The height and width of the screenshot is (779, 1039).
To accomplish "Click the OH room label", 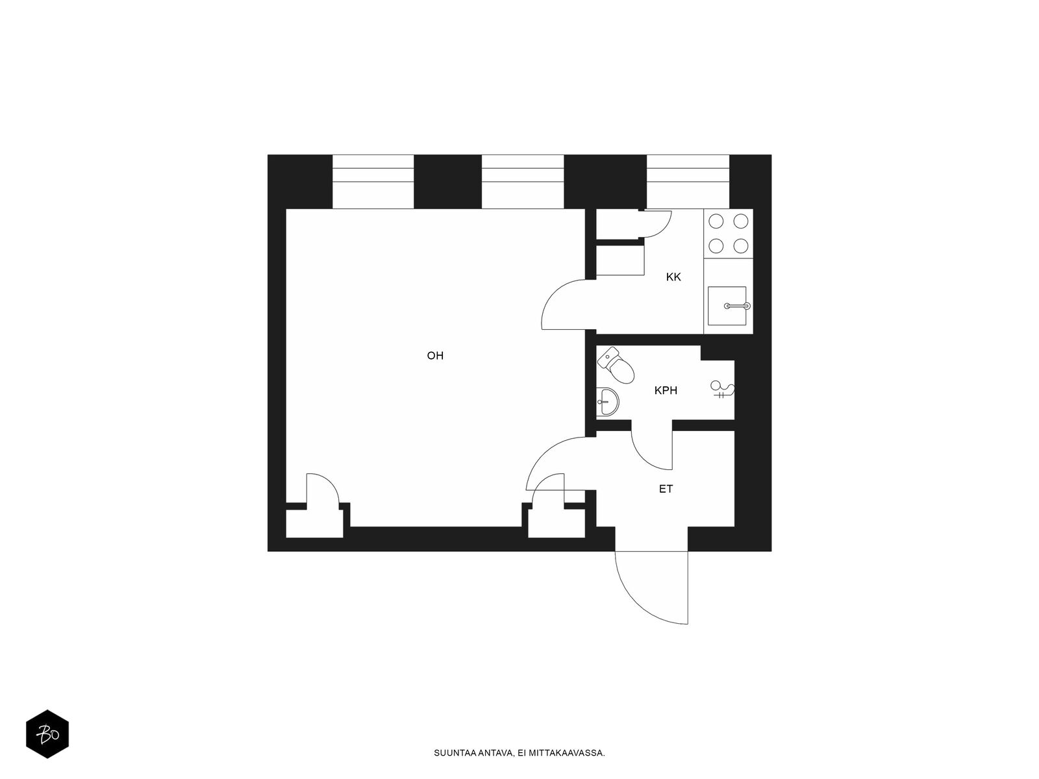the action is click(435, 356).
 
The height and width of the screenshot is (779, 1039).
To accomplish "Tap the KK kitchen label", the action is click(673, 277).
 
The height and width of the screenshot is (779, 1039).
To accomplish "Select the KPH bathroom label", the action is click(666, 391).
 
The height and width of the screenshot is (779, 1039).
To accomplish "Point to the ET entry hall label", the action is click(666, 489).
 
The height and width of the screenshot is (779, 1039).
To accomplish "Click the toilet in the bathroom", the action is click(616, 365).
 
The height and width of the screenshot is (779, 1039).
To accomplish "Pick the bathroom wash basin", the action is click(607, 402).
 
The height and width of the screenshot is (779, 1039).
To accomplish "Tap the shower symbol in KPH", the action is click(722, 389).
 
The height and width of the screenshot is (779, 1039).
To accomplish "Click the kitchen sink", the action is click(727, 306).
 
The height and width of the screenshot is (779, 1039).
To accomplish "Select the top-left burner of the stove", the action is click(716, 221).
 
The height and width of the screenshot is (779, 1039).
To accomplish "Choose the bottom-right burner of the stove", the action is click(740, 246).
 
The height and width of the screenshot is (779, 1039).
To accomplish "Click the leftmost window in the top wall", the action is click(373, 182).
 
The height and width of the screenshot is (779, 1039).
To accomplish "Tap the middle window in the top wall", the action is click(523, 182).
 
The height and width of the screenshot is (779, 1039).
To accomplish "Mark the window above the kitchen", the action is click(688, 182).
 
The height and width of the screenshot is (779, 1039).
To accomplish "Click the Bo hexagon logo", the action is click(47, 734).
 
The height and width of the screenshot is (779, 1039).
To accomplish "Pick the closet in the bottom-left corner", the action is click(314, 523).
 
